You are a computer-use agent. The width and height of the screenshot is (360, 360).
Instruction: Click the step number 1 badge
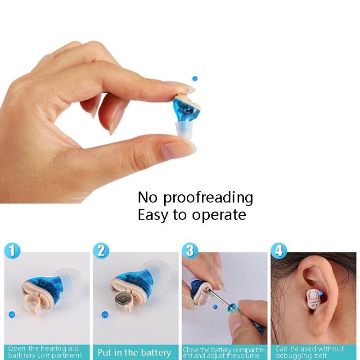pos(13,251)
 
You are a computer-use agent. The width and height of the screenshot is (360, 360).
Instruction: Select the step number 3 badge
pos(189,251)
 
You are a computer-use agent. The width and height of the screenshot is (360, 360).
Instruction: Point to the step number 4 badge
pos(279,251)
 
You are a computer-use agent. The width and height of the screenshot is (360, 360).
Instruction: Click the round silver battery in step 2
pos(122,298)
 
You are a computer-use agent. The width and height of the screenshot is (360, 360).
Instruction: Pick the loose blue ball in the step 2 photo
pos(105,315)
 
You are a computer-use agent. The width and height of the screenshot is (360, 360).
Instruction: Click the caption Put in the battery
pos(135,352)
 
